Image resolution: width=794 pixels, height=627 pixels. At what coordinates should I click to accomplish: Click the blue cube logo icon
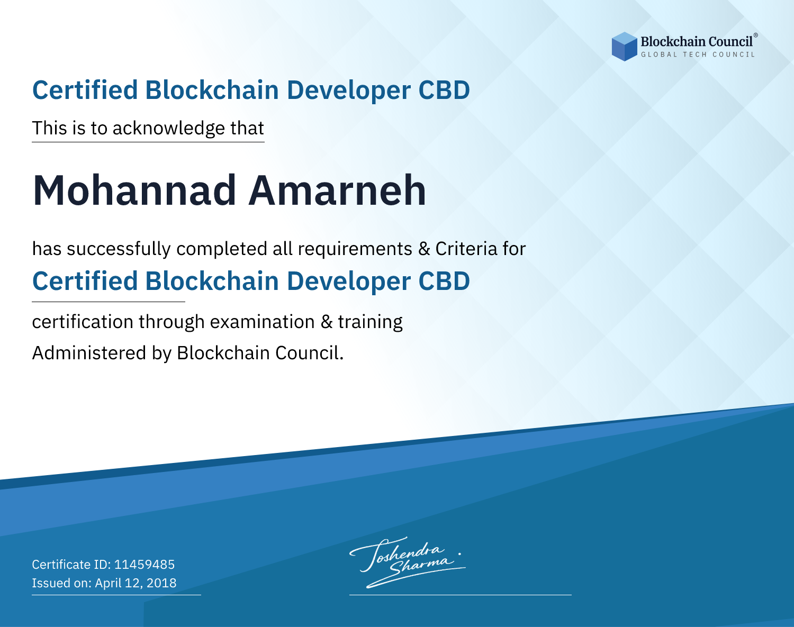click(x=624, y=47)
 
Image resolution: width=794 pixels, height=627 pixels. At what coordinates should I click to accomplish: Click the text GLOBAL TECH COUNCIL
click(x=698, y=54)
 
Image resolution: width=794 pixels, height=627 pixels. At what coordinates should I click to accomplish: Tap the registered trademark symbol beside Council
click(x=756, y=35)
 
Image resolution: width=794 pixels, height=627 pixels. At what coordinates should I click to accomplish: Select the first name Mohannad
click(x=134, y=190)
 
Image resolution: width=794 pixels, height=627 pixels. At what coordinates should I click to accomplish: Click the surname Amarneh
click(x=337, y=190)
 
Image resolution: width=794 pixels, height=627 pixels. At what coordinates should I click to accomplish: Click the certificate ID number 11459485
click(x=145, y=564)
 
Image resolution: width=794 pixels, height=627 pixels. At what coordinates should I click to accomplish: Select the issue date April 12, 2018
click(x=136, y=583)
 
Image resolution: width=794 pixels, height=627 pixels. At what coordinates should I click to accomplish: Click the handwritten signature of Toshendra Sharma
click(x=408, y=562)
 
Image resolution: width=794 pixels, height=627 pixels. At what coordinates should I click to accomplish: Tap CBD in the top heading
click(x=444, y=90)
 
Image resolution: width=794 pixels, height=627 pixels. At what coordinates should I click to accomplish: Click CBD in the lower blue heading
click(x=444, y=281)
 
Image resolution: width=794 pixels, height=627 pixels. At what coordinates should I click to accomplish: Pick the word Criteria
click(x=466, y=249)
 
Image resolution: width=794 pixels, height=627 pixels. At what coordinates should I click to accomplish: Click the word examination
click(x=262, y=322)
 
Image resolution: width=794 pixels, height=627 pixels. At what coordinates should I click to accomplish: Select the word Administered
click(x=89, y=352)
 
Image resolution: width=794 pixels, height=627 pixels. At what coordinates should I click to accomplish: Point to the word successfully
click(x=119, y=249)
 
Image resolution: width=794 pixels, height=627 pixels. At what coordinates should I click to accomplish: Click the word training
click(x=370, y=322)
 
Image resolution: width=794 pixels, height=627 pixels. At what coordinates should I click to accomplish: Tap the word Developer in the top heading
click(x=348, y=90)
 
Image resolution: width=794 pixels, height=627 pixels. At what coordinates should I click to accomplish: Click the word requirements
click(x=355, y=249)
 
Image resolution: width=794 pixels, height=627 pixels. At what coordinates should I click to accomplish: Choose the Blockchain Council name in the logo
click(x=697, y=41)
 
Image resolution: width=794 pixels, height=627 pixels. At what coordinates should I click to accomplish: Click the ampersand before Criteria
click(x=424, y=249)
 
